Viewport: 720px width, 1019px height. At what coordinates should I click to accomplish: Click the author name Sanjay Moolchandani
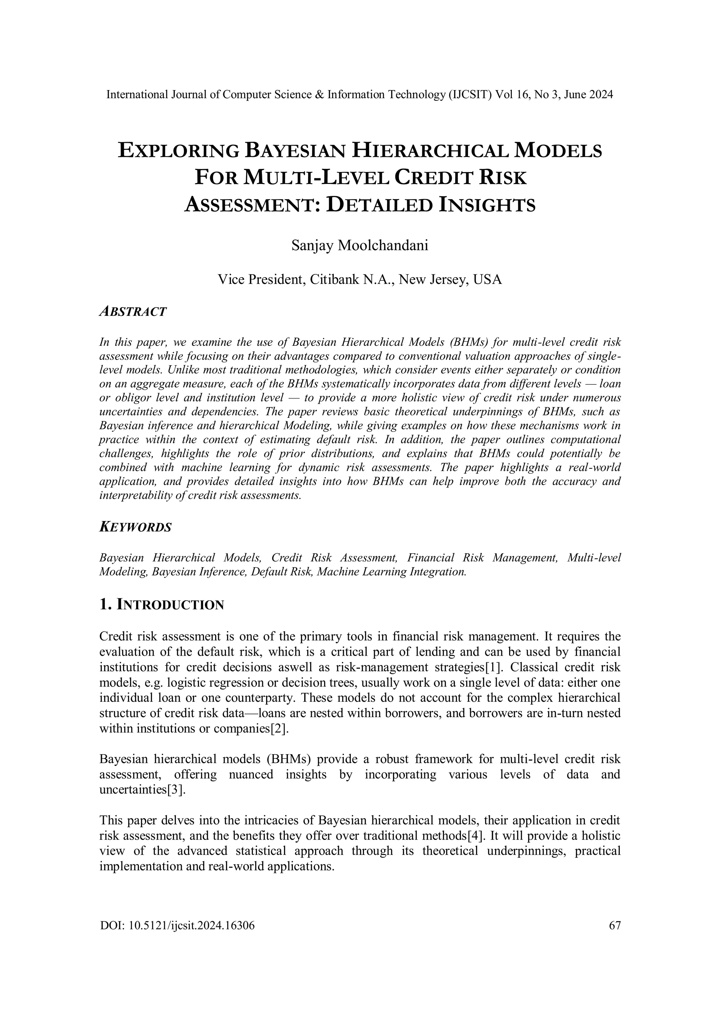360,246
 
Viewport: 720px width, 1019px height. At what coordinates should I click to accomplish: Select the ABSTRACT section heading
133,312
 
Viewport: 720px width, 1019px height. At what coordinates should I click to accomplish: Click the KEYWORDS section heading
135,527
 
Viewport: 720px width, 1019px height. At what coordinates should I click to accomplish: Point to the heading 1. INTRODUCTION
162,605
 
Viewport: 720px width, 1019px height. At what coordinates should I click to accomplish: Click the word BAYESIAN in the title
295,151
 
